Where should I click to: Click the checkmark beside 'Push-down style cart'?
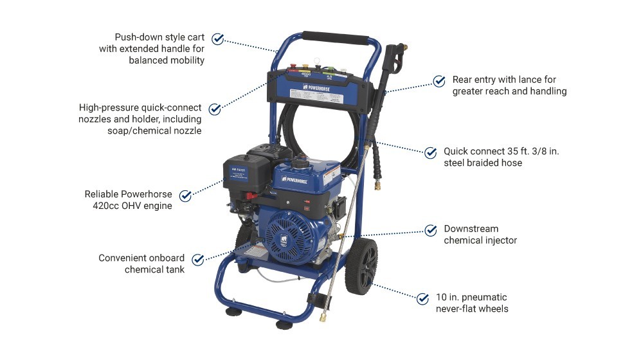tap(218, 39)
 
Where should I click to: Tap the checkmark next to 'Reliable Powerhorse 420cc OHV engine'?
tap(185, 195)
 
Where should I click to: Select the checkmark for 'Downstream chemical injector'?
tap(431, 230)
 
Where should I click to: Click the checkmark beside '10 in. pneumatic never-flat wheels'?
tap(422, 298)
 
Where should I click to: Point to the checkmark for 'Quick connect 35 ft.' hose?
tap(431, 152)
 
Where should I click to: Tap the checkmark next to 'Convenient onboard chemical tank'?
tap(197, 259)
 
